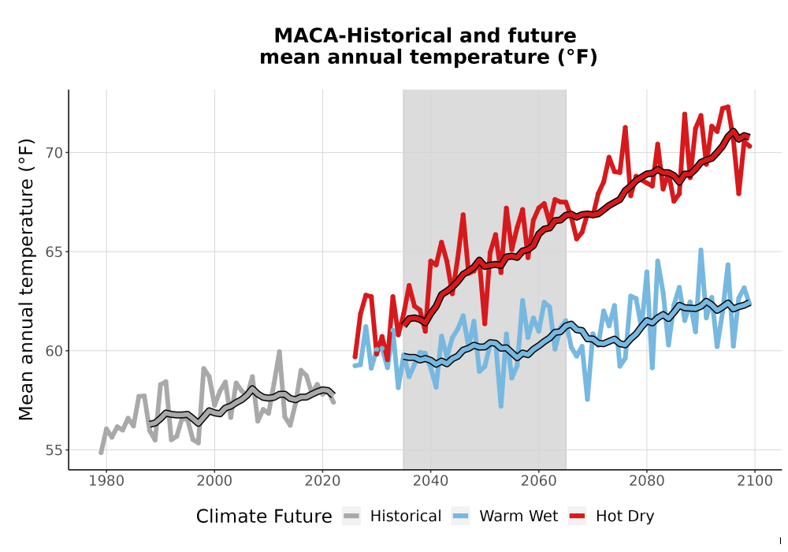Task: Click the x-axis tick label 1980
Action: point(106,481)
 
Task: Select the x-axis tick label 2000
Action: point(214,481)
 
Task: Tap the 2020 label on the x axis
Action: point(322,481)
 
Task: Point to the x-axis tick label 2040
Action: point(431,481)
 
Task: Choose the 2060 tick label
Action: point(539,481)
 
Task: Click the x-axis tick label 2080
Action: point(647,481)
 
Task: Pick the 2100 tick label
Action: point(755,481)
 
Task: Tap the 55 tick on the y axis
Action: point(54,450)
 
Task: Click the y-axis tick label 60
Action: point(54,351)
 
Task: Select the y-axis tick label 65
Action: point(54,252)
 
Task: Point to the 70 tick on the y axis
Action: point(54,153)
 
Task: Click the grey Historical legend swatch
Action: point(351,517)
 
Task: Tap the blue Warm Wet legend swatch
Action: point(460,517)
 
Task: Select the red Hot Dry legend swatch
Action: point(578,517)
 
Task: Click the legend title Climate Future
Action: point(264,517)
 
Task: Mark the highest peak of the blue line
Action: point(701,250)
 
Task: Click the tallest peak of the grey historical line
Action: point(280,352)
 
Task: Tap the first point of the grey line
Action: point(101,453)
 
